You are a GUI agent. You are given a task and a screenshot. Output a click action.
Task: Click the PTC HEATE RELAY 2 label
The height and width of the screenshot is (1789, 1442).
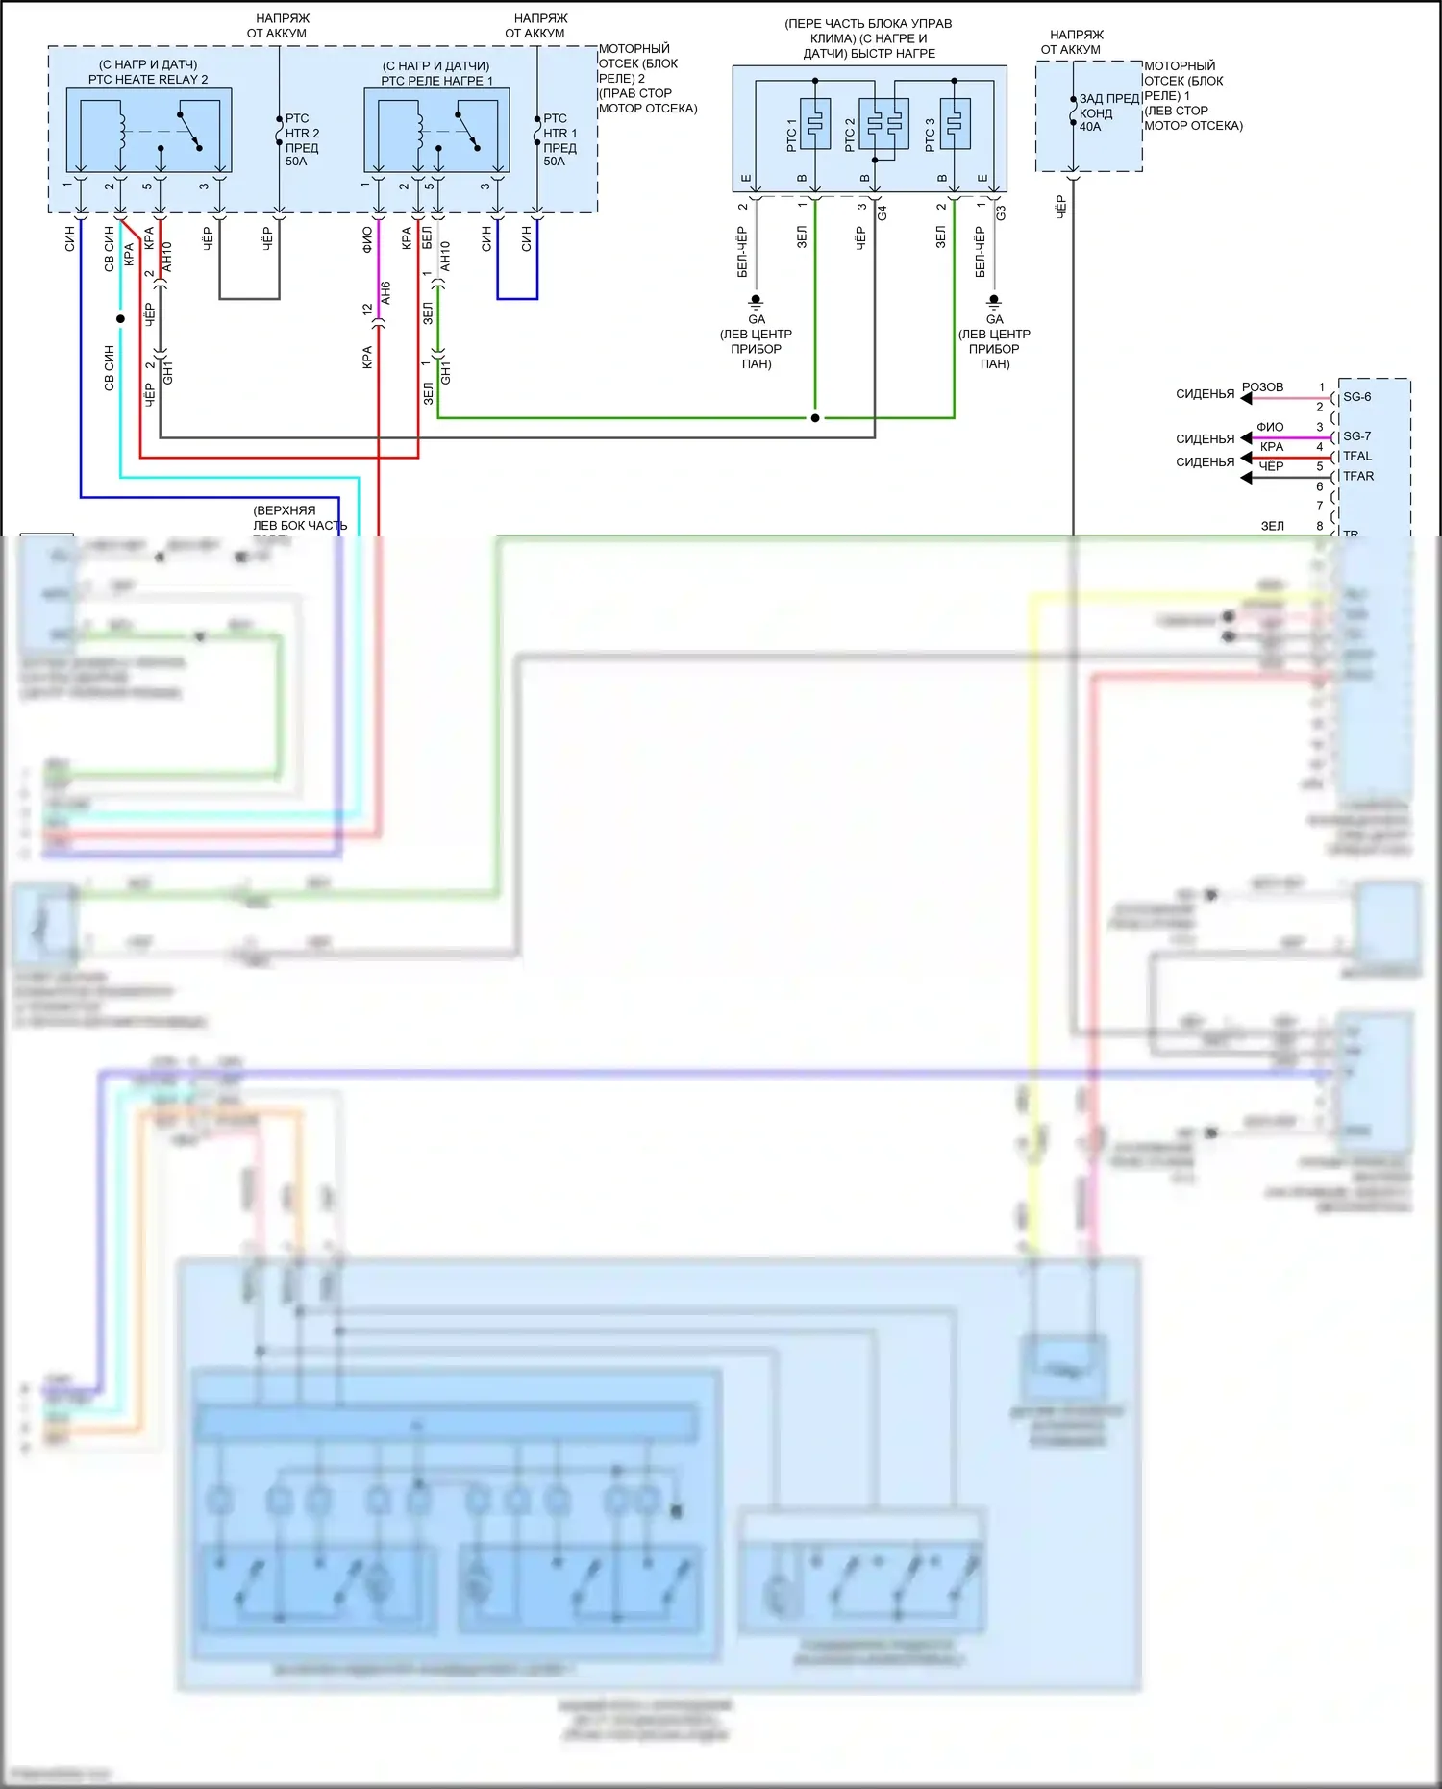(x=148, y=80)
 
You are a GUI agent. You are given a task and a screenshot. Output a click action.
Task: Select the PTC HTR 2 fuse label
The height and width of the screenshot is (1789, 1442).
(x=302, y=140)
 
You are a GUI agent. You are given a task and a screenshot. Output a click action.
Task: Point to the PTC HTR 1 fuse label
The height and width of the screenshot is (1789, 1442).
(x=559, y=140)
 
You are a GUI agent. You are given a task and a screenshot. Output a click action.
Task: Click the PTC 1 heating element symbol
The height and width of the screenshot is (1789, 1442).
(x=815, y=123)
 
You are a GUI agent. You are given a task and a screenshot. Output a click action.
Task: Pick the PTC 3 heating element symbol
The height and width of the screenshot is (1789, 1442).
(x=955, y=123)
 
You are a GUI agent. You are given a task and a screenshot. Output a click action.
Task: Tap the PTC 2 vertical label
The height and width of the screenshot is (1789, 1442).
(x=850, y=135)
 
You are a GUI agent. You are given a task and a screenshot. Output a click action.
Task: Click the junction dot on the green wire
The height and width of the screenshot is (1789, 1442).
(x=815, y=418)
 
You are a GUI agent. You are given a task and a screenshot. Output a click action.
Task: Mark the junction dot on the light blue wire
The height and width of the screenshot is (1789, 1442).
(x=120, y=318)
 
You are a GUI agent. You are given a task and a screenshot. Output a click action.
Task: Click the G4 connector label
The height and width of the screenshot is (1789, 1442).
(x=882, y=212)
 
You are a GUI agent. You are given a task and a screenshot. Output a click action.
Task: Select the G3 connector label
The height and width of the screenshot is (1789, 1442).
(x=1001, y=212)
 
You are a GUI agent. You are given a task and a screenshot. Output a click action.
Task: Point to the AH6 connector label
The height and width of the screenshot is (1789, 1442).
(x=385, y=292)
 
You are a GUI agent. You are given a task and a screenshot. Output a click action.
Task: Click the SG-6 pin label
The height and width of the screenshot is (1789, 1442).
(x=1356, y=397)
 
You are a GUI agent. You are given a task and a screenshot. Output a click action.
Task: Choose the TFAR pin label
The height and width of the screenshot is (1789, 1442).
(x=1357, y=477)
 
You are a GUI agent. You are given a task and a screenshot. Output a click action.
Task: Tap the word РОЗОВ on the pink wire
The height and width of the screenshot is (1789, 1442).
(x=1262, y=387)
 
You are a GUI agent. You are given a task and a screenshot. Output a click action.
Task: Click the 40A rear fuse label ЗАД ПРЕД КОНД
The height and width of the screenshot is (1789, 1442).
(x=1107, y=112)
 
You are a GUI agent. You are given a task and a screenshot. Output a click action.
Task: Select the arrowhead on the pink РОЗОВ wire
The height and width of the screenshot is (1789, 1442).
(x=1246, y=398)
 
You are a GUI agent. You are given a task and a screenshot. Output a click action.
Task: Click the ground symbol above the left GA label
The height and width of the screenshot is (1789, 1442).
(x=756, y=301)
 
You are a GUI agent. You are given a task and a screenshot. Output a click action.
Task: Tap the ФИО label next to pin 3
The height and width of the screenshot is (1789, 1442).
(x=1270, y=427)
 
